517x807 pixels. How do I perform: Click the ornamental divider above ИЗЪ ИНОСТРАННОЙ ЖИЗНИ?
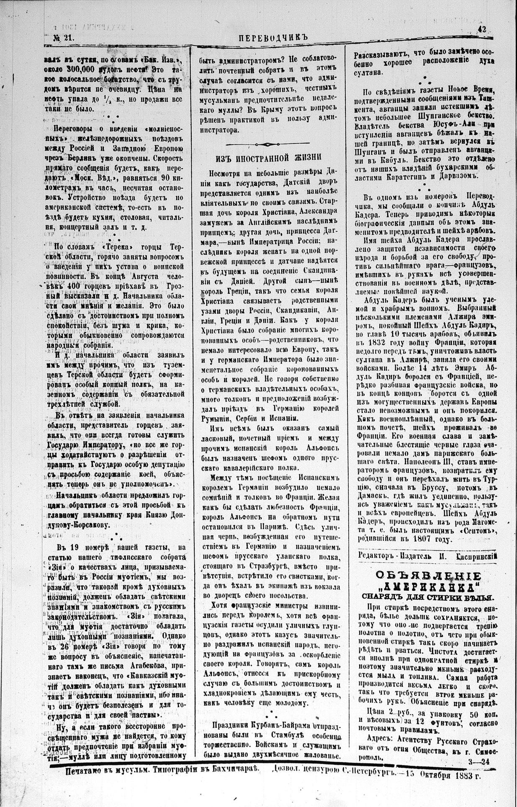(x=269, y=144)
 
